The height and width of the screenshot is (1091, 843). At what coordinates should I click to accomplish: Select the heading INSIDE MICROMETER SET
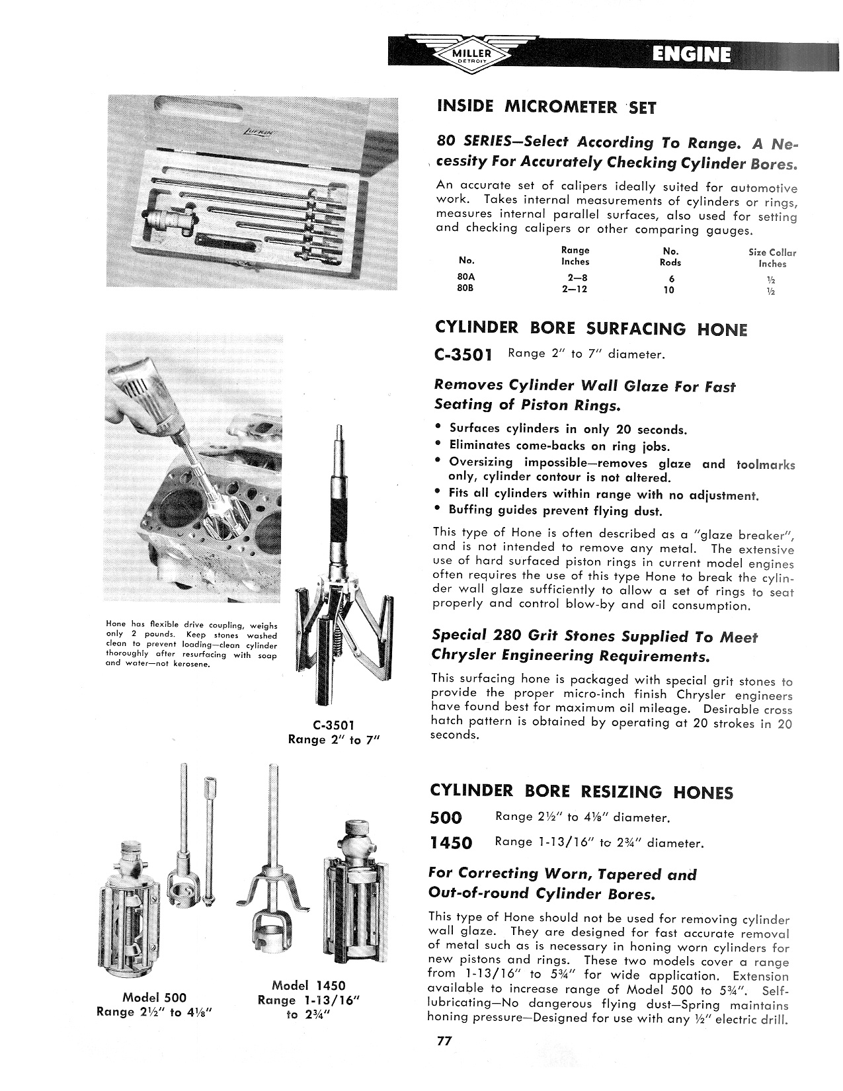click(545, 107)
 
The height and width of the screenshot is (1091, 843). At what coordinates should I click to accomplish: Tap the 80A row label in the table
click(467, 278)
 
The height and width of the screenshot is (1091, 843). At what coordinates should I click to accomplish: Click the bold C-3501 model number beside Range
click(463, 355)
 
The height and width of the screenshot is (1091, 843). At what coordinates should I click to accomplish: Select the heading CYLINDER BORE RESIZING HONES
click(581, 791)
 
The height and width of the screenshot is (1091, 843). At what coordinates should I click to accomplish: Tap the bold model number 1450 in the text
click(451, 843)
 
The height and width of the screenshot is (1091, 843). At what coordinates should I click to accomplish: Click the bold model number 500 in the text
click(446, 818)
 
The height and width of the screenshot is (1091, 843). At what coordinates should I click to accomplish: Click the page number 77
click(443, 1041)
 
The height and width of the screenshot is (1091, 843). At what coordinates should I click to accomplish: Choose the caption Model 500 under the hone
click(155, 997)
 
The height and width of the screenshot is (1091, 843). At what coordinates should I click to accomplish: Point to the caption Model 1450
click(309, 985)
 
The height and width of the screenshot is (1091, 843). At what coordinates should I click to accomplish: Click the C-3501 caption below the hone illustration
click(333, 725)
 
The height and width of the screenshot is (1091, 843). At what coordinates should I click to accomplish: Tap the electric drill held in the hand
click(142, 384)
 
